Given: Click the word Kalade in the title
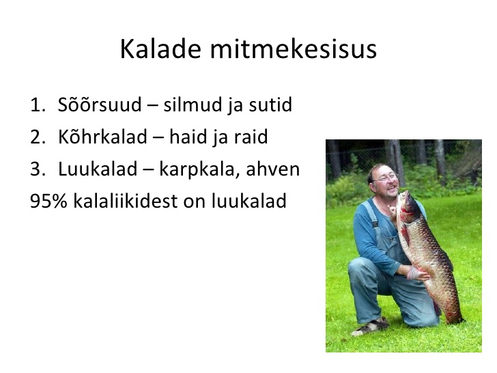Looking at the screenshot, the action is tap(160, 49).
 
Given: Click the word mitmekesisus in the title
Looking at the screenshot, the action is tap(294, 49).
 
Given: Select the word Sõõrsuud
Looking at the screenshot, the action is tap(100, 104).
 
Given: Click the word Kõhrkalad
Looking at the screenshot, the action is tap(102, 137).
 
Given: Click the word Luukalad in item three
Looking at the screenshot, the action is tap(98, 169).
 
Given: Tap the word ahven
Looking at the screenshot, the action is tap(273, 169).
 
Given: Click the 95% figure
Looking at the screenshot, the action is tap(48, 201).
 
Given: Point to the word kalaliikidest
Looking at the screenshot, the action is tap(126, 201).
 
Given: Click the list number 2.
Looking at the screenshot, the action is tap(38, 137).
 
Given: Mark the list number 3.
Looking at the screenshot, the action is tap(38, 169).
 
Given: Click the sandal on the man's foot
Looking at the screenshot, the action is tap(370, 327).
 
